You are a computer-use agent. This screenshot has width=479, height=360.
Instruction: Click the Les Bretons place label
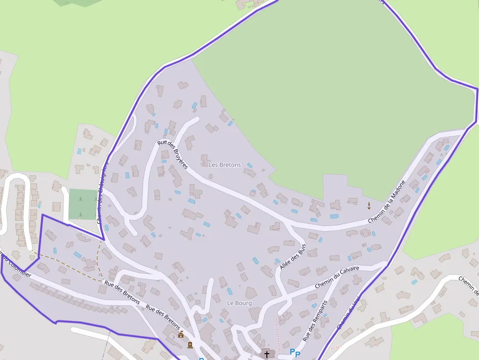point(225,165)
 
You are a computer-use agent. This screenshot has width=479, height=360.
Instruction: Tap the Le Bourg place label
point(239,303)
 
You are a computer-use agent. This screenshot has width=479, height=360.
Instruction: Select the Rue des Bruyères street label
point(173,154)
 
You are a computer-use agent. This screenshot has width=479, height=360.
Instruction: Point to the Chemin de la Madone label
point(387,202)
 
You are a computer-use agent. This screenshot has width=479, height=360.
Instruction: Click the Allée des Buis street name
point(292,256)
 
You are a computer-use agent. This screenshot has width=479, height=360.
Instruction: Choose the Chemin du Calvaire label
point(337,276)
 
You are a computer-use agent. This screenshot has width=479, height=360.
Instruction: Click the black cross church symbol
point(266,354)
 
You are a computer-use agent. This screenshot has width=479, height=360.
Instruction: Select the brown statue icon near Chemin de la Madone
point(369,205)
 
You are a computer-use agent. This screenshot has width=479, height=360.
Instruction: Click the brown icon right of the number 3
point(181,335)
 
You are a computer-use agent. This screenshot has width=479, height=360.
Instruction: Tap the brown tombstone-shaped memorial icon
point(190,345)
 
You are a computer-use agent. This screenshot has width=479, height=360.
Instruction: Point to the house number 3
point(173,337)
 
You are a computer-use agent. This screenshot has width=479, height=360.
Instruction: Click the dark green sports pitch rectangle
point(83,204)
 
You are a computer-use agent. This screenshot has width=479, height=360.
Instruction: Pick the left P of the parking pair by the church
point(292,352)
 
